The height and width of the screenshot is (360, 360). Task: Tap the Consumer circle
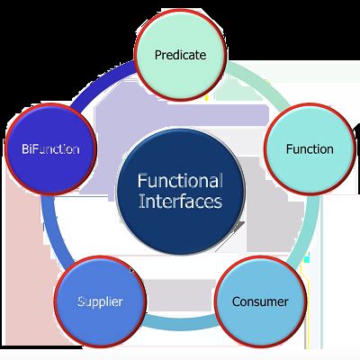click(x=261, y=301)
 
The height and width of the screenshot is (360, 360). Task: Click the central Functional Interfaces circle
click(x=180, y=191)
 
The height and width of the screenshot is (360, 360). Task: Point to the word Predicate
click(x=180, y=54)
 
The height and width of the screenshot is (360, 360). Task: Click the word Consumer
click(x=261, y=301)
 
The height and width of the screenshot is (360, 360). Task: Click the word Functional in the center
click(x=180, y=180)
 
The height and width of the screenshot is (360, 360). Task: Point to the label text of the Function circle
click(x=309, y=148)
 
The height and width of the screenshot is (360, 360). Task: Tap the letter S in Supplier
click(x=81, y=301)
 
